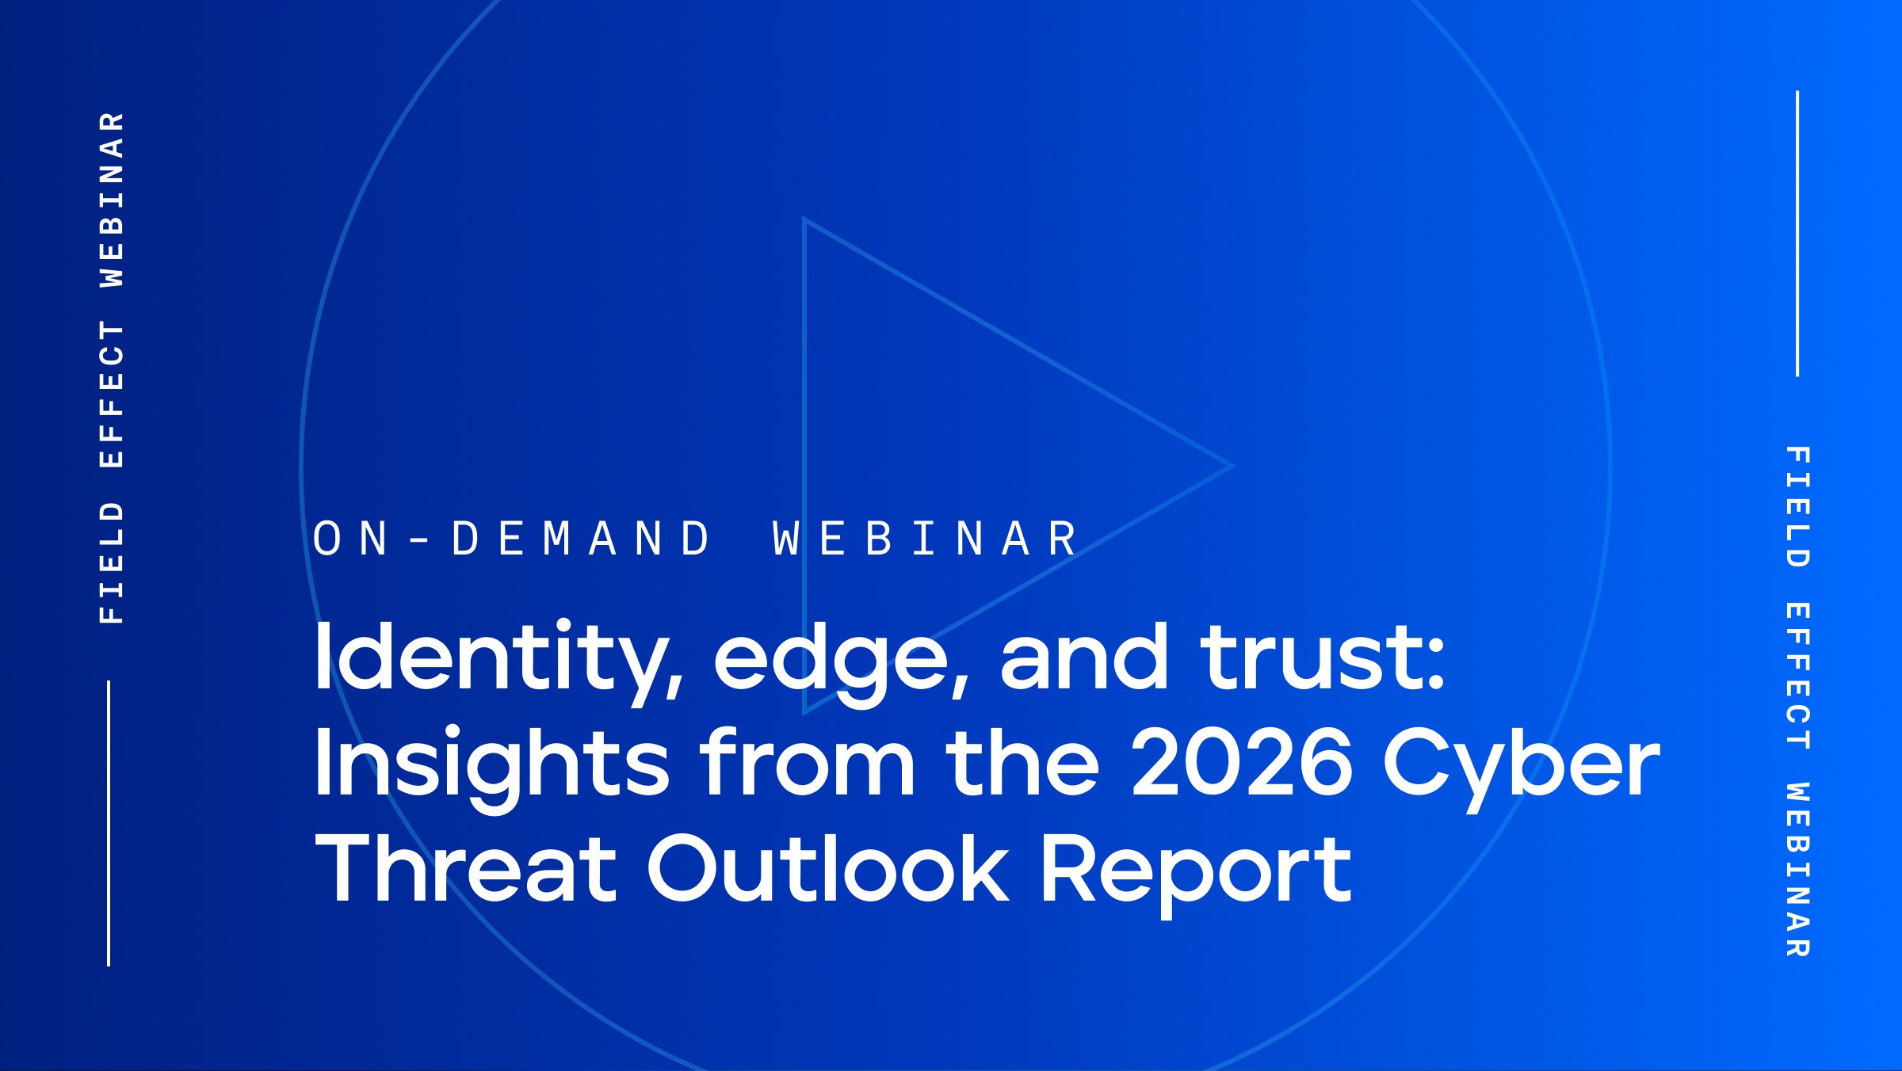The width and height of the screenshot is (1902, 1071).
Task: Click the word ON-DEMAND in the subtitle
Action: pos(512,539)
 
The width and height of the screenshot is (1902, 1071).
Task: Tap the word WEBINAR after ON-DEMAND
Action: pos(925,539)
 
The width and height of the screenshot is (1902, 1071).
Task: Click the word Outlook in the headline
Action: pos(829,867)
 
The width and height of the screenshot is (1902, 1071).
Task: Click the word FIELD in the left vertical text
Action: pos(112,562)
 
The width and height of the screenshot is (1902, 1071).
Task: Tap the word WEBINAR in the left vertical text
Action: pos(112,199)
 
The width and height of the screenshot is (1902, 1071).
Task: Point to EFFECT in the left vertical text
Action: pos(112,394)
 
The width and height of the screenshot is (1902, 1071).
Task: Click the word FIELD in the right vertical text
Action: pos(1797,507)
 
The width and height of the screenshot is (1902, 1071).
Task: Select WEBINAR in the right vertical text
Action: pos(1797,870)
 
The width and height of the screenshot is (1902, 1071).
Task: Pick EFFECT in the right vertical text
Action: pos(1797,676)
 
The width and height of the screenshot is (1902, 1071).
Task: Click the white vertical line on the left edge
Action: pos(109,823)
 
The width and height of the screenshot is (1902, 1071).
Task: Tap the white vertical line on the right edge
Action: pos(1797,234)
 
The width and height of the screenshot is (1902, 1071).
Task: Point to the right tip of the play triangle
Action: pos(1233,466)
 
